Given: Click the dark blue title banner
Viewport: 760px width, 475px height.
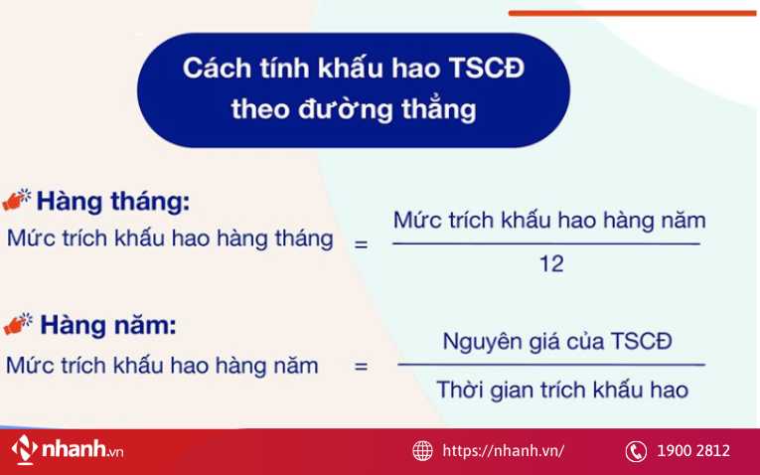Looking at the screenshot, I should (x=353, y=89).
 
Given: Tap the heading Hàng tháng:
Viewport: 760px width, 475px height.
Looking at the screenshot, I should (x=112, y=201).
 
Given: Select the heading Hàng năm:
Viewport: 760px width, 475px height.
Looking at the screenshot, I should (x=107, y=325).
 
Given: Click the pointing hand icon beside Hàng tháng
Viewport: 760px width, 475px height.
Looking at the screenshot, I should (x=18, y=199).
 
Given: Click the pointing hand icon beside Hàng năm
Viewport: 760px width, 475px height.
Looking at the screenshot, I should (x=18, y=324).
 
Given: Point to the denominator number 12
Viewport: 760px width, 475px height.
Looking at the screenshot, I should (x=551, y=264).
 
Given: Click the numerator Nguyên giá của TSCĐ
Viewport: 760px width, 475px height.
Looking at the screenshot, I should (x=556, y=342).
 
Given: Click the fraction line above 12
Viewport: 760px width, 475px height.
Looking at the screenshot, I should (x=546, y=243).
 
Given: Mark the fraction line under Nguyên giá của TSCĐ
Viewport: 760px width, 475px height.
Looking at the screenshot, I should (x=551, y=366).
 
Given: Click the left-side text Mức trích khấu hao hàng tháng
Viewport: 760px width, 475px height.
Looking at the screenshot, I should (x=170, y=239).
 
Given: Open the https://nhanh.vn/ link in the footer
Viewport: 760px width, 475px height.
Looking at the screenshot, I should (x=503, y=451).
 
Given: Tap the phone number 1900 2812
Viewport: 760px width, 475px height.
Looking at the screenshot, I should (x=692, y=451).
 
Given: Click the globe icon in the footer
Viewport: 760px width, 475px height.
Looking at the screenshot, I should (x=422, y=451).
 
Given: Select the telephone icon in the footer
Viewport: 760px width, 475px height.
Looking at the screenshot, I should (x=636, y=451).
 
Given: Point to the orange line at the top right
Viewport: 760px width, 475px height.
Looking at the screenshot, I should (x=632, y=13).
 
